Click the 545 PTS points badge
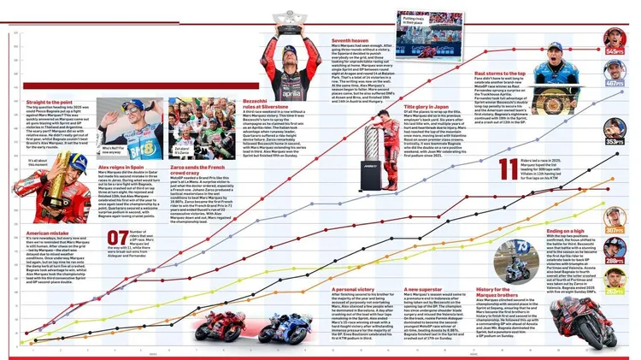[x=615, y=51]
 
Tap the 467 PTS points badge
[x=615, y=84]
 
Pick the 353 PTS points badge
[x=615, y=142]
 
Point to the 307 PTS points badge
[x=615, y=230]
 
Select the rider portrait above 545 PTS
[x=615, y=37]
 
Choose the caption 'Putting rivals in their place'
[x=417, y=15]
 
